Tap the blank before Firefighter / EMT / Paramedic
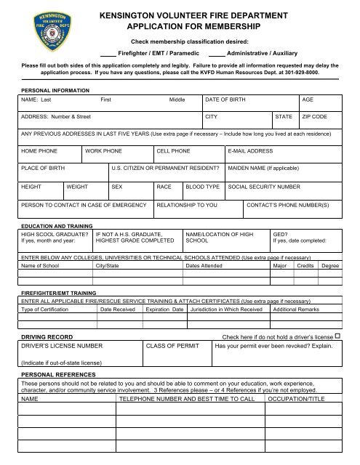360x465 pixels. coord(108,54)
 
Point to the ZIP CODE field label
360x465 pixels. coord(315,116)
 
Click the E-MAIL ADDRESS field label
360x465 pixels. coord(251,150)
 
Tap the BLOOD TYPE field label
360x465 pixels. coord(203,186)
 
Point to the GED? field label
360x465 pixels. coord(279,234)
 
